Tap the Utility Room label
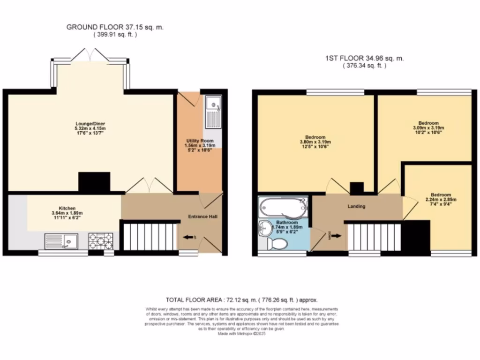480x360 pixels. (x=200, y=141)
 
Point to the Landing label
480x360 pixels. (x=356, y=206)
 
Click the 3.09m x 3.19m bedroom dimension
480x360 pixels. (x=428, y=127)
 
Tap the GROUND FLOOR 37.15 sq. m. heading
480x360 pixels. (x=115, y=28)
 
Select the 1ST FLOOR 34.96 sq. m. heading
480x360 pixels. (x=364, y=59)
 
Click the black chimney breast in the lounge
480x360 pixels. (x=94, y=182)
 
